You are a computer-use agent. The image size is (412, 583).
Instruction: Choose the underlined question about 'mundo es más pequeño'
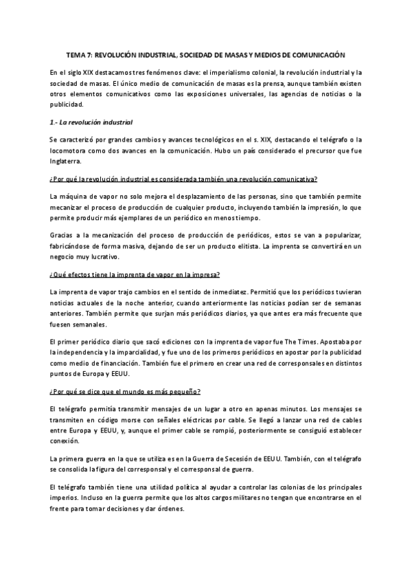coord(125,392)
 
